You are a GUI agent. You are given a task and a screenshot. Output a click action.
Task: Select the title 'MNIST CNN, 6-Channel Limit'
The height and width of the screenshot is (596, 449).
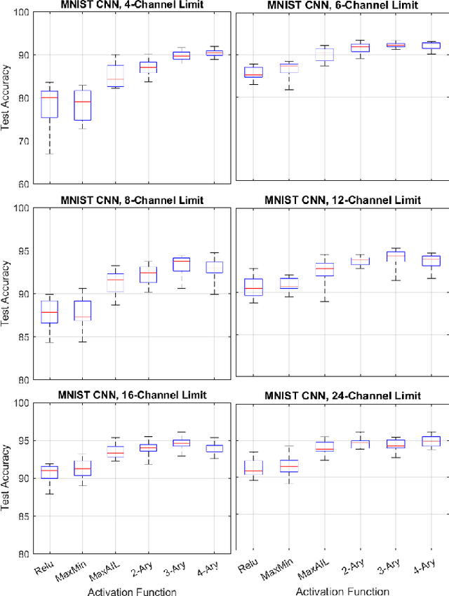342,6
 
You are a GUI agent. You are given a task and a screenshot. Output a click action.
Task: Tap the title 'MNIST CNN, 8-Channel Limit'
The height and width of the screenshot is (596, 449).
132,200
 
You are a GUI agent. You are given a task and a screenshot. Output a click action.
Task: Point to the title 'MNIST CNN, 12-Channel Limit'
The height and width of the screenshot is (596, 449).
342,200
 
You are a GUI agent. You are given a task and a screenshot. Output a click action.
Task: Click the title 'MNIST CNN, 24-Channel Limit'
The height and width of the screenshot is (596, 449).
342,395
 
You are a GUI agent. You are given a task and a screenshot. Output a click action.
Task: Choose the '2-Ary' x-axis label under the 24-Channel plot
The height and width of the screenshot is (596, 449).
356,569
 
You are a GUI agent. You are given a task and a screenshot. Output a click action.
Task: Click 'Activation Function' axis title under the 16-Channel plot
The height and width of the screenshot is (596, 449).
132,591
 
